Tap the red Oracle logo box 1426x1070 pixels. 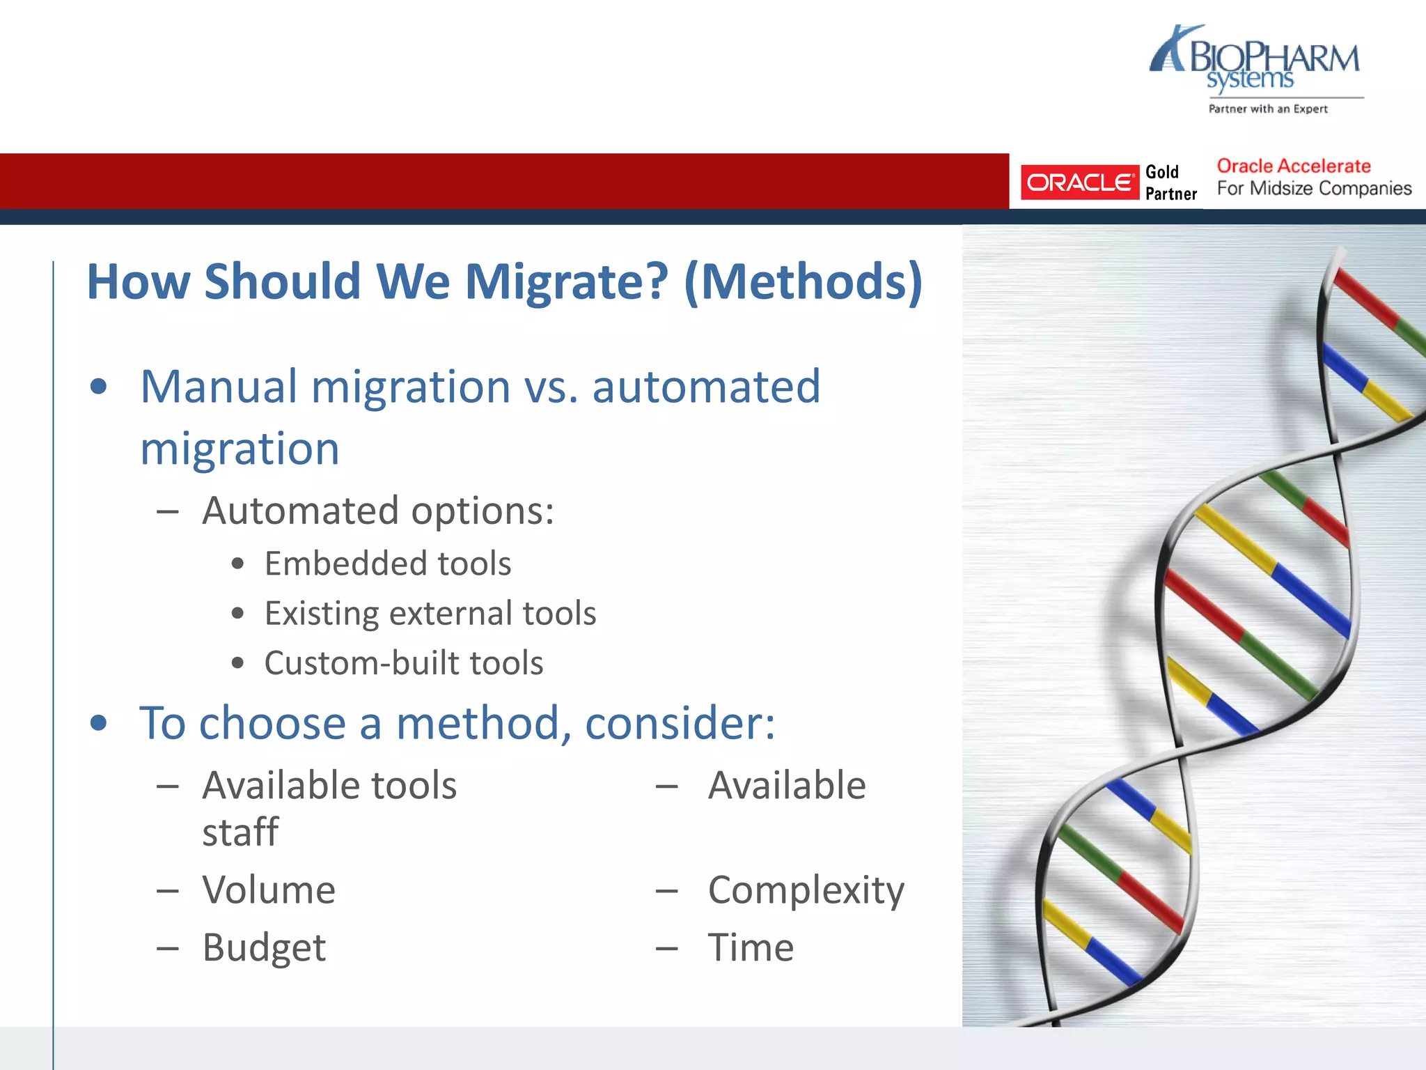tap(1079, 183)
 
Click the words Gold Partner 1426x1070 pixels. tap(1170, 183)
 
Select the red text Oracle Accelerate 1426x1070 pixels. tap(1293, 166)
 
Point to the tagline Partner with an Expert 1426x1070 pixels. tap(1268, 109)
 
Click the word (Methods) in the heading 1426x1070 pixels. tap(804, 281)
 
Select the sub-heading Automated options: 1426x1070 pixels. tap(378, 511)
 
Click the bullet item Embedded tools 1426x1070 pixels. tap(388, 563)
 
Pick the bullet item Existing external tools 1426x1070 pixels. tap(430, 613)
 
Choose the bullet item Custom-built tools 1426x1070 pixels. tap(404, 662)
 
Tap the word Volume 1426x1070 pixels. tap(269, 890)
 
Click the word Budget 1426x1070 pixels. tap(264, 947)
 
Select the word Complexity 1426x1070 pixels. tap(806, 890)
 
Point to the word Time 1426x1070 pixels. tap(751, 947)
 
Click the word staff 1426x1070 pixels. tap(240, 832)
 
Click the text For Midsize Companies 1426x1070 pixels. tap(1314, 188)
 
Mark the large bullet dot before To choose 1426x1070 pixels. tap(99, 723)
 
